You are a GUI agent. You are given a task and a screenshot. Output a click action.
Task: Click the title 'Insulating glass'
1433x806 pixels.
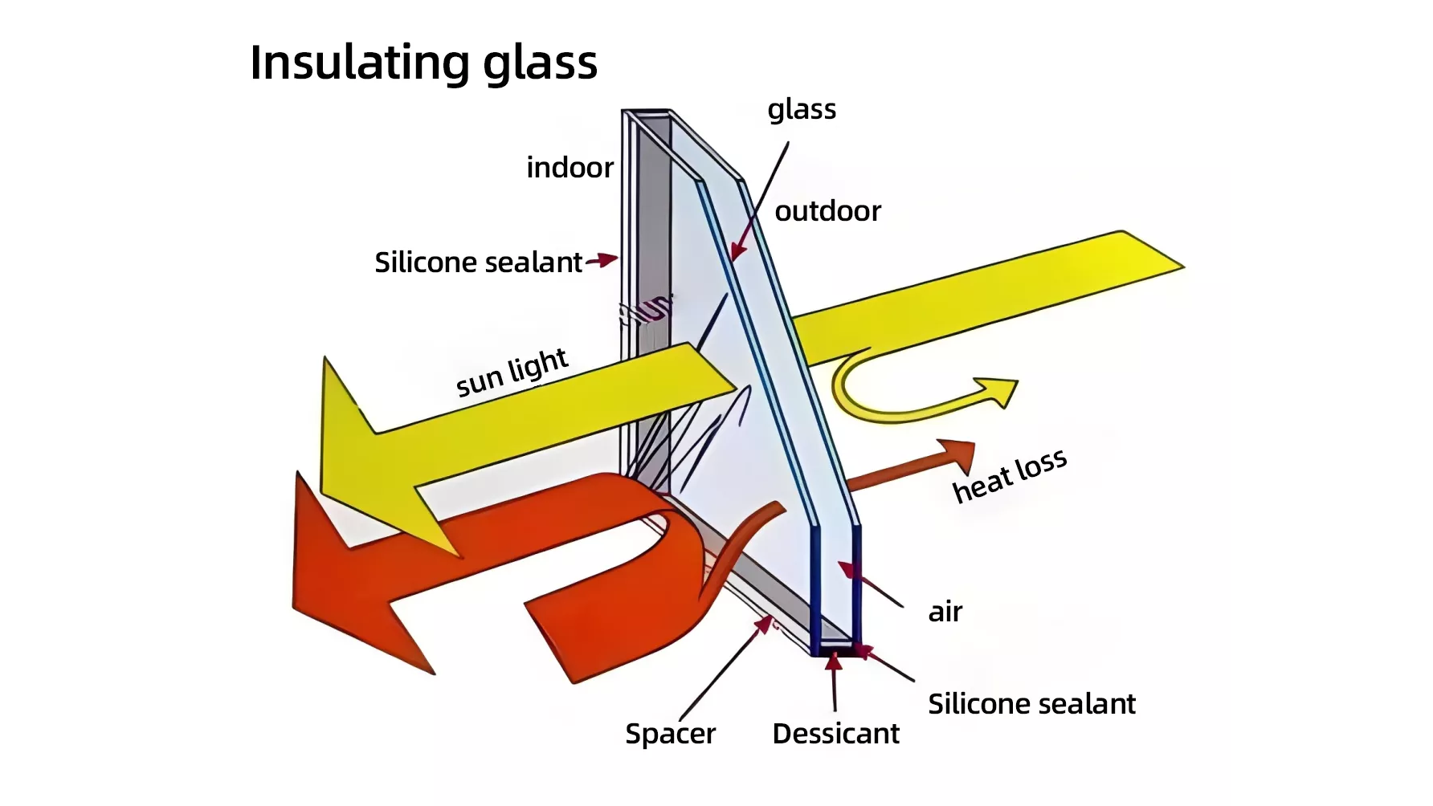pyautogui.click(x=423, y=63)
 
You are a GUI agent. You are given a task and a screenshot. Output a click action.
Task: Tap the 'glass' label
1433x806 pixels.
pyautogui.click(x=802, y=109)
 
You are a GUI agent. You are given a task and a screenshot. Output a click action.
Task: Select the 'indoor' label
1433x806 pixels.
pyautogui.click(x=570, y=168)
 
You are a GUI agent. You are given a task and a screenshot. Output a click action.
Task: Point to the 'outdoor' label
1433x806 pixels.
pyautogui.click(x=827, y=211)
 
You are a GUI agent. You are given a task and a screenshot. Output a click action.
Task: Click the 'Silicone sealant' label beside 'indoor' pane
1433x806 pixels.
pyautogui.click(x=478, y=263)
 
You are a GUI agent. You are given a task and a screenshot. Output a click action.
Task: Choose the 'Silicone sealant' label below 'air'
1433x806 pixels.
pyautogui.click(x=1031, y=704)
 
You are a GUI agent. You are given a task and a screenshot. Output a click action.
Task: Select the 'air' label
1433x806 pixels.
pyautogui.click(x=945, y=613)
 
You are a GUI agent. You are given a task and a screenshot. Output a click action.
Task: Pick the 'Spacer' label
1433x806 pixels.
pyautogui.click(x=670, y=734)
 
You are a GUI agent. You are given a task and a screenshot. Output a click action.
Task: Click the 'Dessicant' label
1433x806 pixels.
pyautogui.click(x=835, y=734)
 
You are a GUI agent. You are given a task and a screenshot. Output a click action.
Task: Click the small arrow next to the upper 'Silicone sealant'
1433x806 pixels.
pyautogui.click(x=602, y=260)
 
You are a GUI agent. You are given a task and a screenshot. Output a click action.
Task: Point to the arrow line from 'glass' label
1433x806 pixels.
pyautogui.click(x=760, y=201)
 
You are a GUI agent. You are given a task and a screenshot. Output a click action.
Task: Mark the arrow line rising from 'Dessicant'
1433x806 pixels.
pyautogui.click(x=835, y=682)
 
